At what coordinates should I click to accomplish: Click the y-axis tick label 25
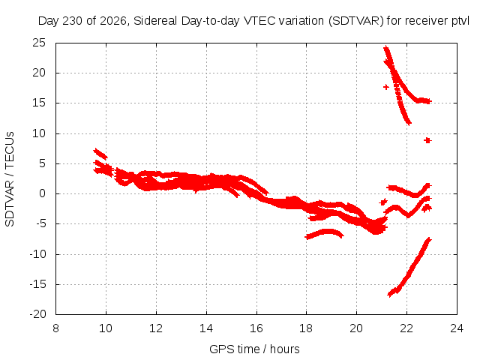39,43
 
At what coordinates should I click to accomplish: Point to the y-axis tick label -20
37,314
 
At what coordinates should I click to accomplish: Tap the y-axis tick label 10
39,133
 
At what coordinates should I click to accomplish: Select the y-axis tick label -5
40,223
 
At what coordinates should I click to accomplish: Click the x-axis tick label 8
55,328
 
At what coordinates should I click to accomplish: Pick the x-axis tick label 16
256,328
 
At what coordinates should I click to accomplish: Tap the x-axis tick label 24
457,328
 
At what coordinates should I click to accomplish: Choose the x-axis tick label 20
356,328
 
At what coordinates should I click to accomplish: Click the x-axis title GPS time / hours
254,349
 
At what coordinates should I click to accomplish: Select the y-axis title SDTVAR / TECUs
10,179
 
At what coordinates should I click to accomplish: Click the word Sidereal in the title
155,21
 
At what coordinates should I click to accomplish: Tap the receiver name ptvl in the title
460,21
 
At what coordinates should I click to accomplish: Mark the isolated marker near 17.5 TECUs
386,87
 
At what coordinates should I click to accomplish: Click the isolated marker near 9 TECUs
427,140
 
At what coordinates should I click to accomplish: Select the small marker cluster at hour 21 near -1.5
383,202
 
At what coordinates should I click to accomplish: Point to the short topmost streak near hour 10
100,154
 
